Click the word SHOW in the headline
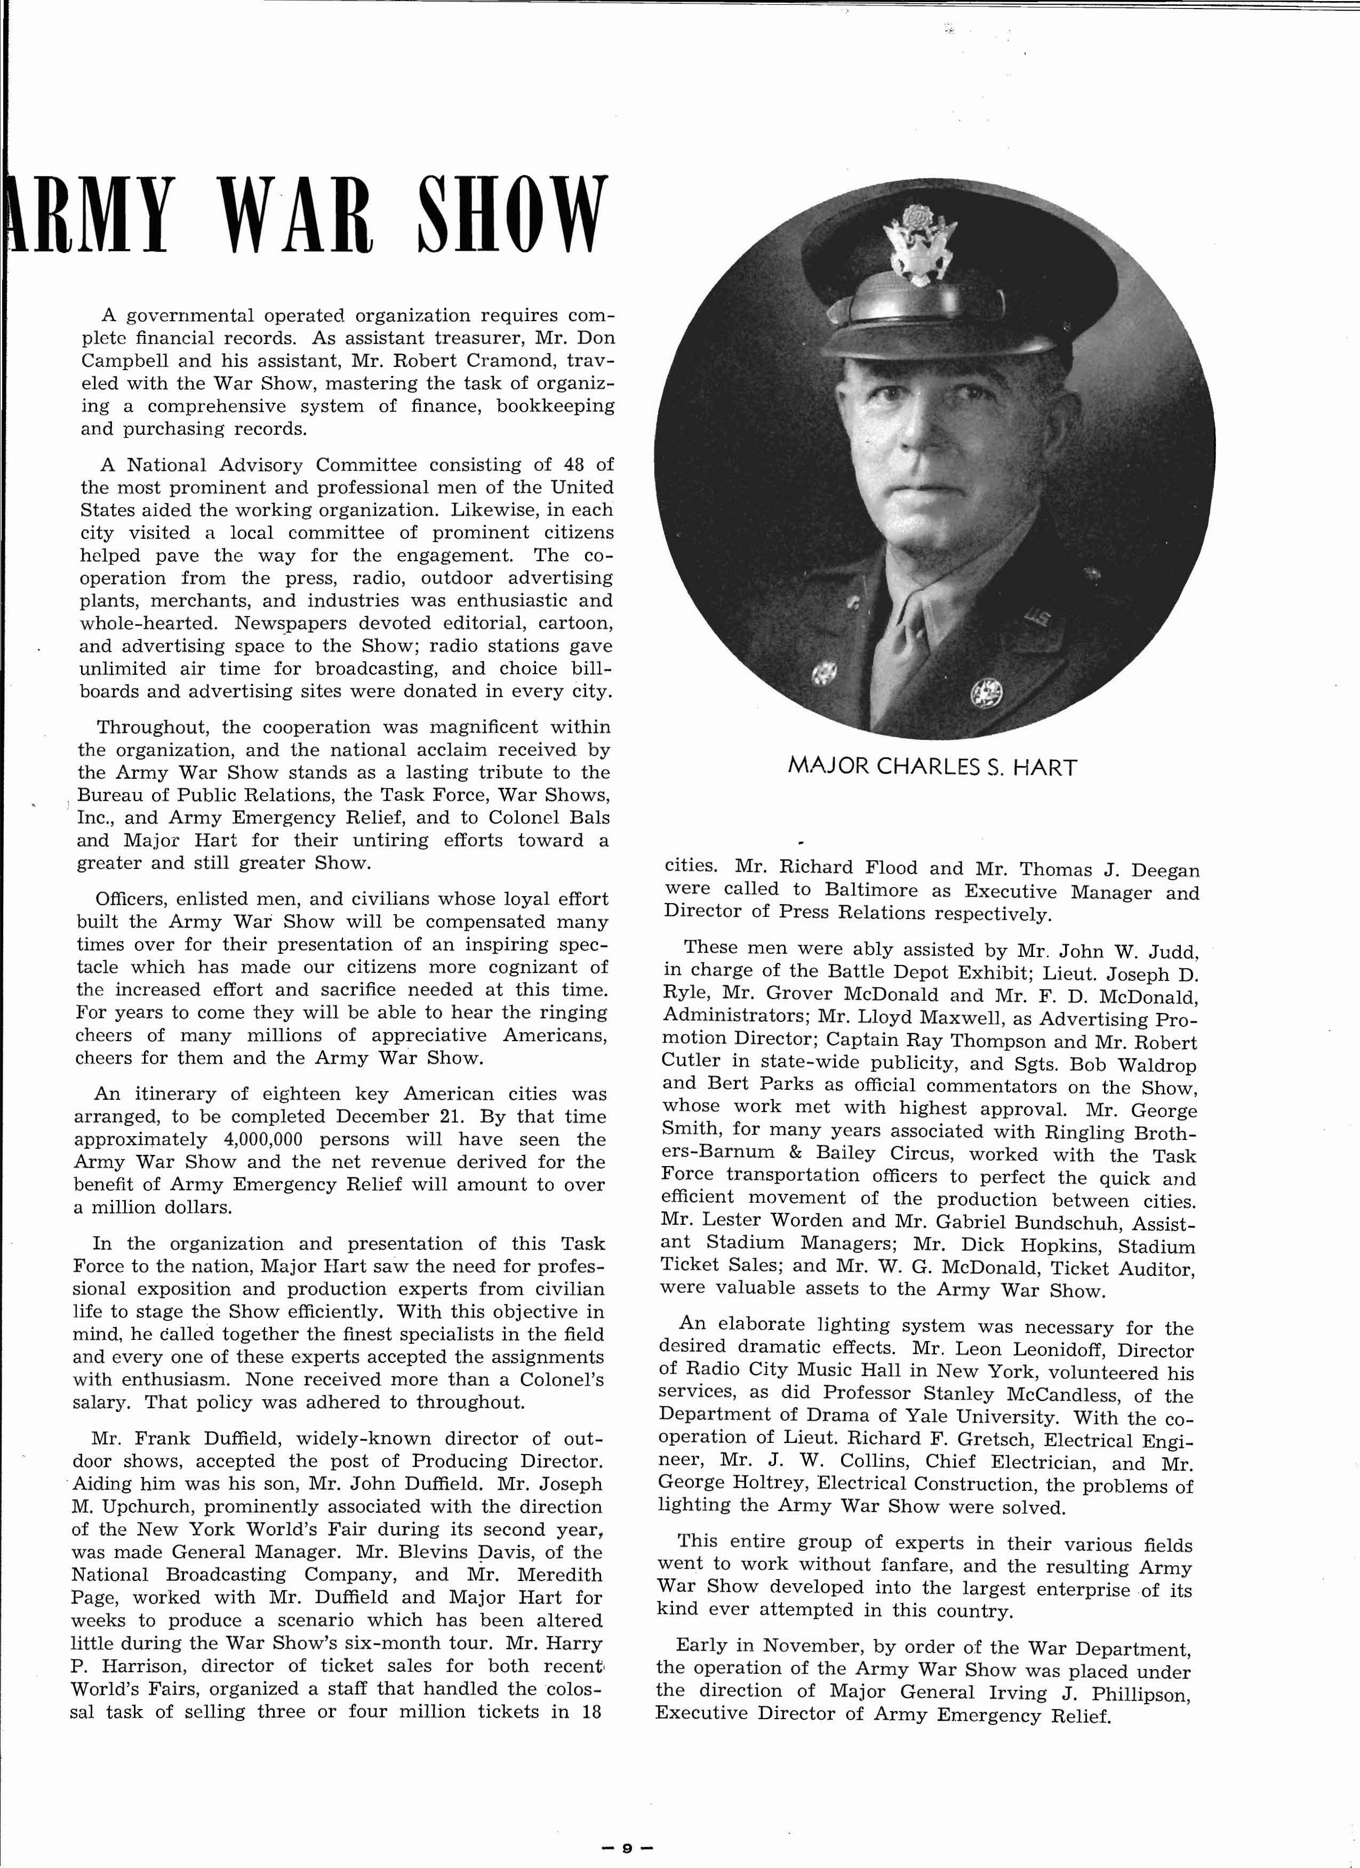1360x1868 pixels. click(x=511, y=213)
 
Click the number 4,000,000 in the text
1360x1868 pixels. click(x=263, y=1140)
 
